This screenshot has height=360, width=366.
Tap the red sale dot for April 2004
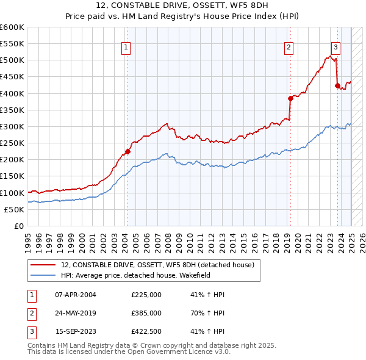point(127,151)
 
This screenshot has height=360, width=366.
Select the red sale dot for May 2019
point(290,98)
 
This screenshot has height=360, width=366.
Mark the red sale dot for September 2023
point(337,86)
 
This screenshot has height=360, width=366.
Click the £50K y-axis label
point(14,209)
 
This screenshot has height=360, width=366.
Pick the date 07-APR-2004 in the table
point(76,295)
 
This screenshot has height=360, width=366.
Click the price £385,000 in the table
point(146,314)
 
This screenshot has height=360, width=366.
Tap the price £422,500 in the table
point(146,333)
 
